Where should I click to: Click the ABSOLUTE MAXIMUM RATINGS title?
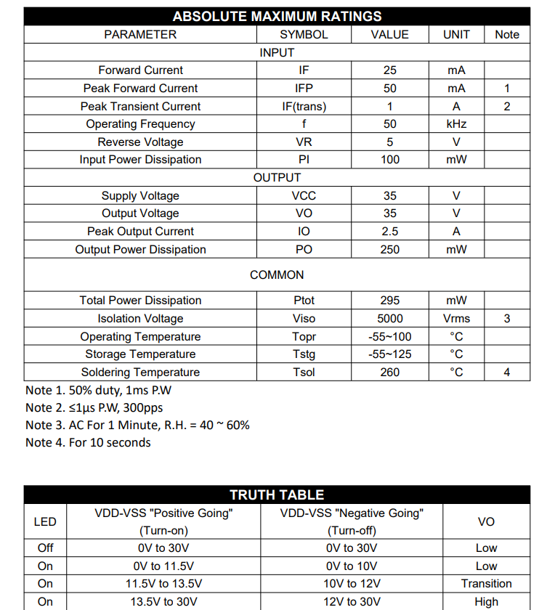(x=277, y=16)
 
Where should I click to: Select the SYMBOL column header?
(x=304, y=34)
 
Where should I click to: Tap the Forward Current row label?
(x=140, y=70)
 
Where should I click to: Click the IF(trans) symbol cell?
(x=304, y=106)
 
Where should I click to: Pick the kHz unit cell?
(x=456, y=124)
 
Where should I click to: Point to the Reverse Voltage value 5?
(x=389, y=142)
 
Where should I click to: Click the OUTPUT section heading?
(x=277, y=178)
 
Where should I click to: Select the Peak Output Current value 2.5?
(x=389, y=232)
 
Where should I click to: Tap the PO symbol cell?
(x=304, y=250)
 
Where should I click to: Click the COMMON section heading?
(x=277, y=275)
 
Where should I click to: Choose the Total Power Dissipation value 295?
(x=389, y=301)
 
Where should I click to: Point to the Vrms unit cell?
(x=456, y=319)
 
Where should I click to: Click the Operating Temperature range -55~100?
(x=389, y=337)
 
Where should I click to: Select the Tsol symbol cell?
(x=304, y=373)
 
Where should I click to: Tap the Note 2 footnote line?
(x=94, y=407)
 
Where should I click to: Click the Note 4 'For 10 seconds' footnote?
(x=88, y=442)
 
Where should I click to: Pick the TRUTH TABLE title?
(x=277, y=495)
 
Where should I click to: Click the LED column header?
(x=45, y=521)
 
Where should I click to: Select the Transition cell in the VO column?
(x=486, y=584)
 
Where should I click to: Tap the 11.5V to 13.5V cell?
(x=163, y=584)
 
